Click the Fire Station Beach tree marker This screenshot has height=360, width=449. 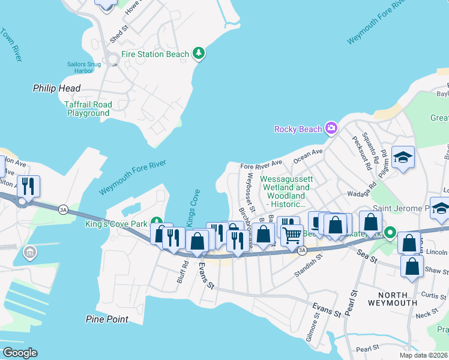199,54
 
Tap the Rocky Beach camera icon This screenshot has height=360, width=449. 331,128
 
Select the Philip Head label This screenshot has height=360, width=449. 56,88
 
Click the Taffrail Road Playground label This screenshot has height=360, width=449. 88,109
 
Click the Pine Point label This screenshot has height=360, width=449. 107,319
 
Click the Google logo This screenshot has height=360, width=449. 20,353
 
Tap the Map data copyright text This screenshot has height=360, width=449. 424,355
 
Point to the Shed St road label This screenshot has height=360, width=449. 119,34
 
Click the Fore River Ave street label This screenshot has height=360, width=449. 261,163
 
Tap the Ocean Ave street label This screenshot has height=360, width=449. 308,157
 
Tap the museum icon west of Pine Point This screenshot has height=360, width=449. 29,253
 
